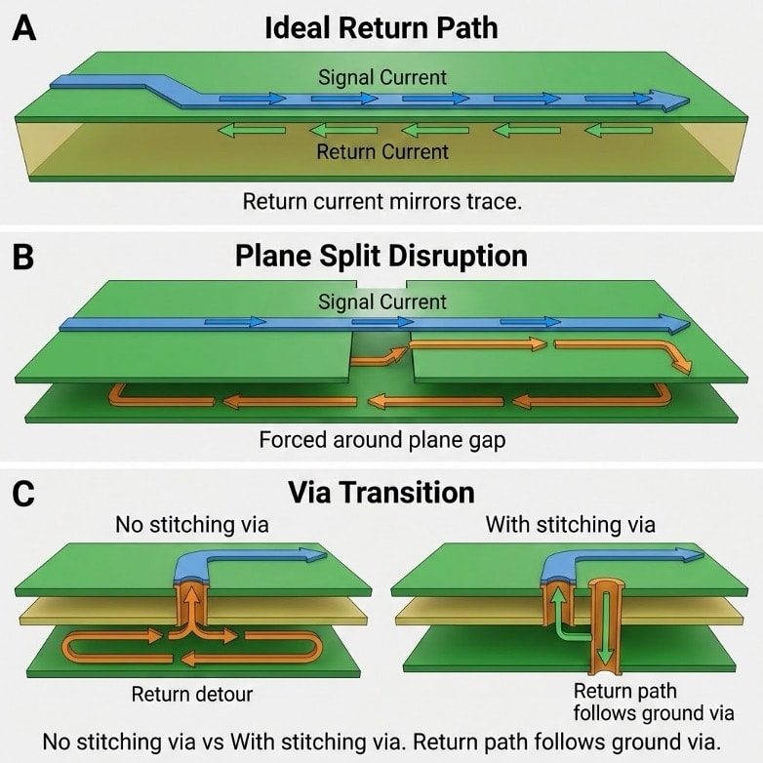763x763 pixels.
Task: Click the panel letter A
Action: (x=23, y=28)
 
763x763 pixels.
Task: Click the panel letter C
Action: (x=23, y=493)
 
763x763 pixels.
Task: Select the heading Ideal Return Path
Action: (x=381, y=27)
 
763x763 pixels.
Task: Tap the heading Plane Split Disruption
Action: (x=381, y=256)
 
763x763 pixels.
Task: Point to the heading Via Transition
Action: (x=381, y=491)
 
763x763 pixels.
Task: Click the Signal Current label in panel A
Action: (x=381, y=77)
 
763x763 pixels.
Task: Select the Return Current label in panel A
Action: (x=381, y=151)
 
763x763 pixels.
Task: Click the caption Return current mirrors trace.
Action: (x=381, y=202)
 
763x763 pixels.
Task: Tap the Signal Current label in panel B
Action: (x=381, y=302)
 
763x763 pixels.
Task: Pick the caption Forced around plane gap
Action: (x=381, y=440)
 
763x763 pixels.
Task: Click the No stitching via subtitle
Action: (x=191, y=525)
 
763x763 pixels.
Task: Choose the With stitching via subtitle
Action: (x=570, y=525)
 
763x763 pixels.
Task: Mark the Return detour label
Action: (x=191, y=695)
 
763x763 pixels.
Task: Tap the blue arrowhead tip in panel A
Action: (x=684, y=100)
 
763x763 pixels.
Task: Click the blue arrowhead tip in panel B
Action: (x=686, y=324)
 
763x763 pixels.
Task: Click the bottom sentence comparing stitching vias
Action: (x=381, y=741)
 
